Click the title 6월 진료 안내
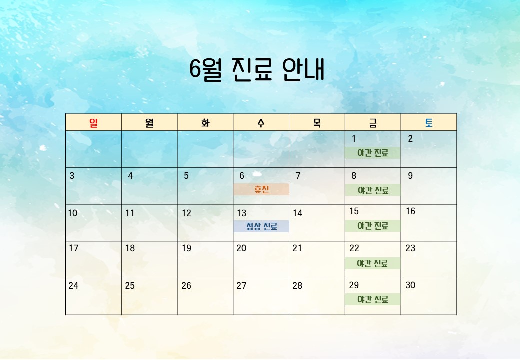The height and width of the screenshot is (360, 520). (x=256, y=69)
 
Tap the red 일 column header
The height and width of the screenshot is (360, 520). (x=93, y=123)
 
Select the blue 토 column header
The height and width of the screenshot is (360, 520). (x=429, y=123)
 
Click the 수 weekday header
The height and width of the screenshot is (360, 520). (x=261, y=123)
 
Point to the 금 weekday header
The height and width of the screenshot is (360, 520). (x=373, y=123)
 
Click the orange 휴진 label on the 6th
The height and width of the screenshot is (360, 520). (x=261, y=189)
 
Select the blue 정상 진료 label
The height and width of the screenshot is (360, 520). (x=261, y=226)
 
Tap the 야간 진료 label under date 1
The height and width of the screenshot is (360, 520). (x=373, y=153)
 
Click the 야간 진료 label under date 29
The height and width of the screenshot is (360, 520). (x=373, y=299)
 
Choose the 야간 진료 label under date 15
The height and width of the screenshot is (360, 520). (x=373, y=226)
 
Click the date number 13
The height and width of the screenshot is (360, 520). (x=242, y=213)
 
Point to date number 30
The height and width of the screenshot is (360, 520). (x=410, y=285)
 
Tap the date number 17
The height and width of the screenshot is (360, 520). (x=73, y=248)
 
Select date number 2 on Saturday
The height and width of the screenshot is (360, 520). (x=410, y=139)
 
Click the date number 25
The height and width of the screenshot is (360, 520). (x=130, y=285)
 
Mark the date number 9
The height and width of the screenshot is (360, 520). (x=410, y=176)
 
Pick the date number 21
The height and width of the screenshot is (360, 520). (x=297, y=248)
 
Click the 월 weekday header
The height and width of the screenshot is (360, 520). (x=149, y=123)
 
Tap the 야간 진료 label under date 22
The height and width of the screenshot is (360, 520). (x=372, y=263)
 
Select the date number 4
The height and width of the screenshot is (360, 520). (x=130, y=176)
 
